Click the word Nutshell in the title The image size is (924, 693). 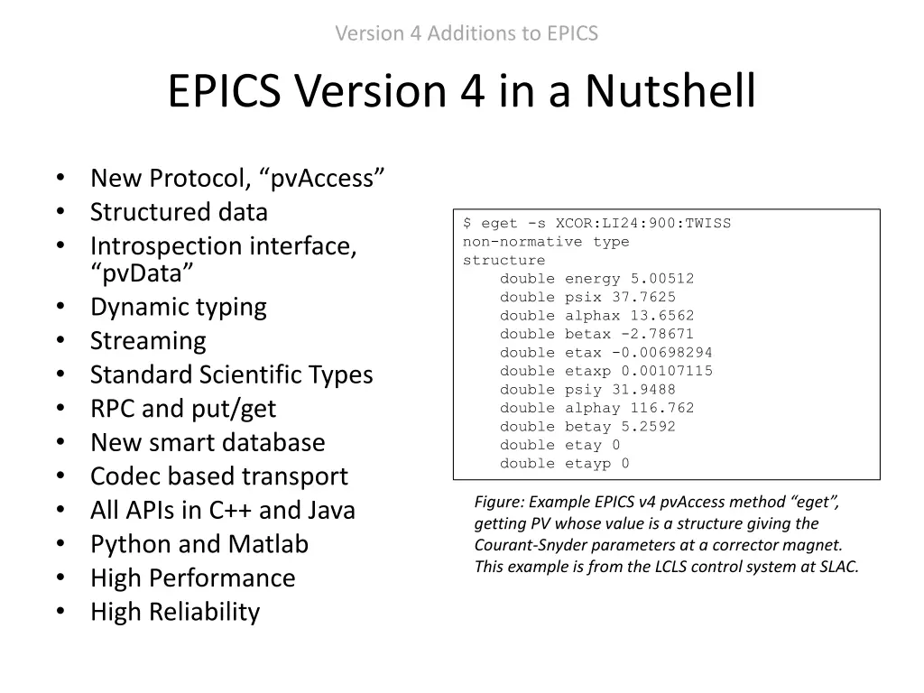click(670, 91)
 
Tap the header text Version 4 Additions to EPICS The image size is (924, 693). click(467, 33)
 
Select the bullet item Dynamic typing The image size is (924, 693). click(178, 307)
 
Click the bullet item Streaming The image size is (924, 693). click(148, 341)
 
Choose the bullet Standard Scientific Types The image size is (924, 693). click(231, 374)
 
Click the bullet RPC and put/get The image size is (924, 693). click(183, 409)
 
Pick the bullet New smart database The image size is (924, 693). click(208, 442)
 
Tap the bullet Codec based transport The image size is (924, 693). click(218, 476)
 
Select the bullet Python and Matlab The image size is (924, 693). click(199, 544)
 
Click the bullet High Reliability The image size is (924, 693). click(175, 612)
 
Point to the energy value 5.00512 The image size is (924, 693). click(661, 279)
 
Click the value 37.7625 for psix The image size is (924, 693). click(643, 297)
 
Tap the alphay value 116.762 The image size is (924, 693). click(661, 408)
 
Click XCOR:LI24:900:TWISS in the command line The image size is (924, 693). click(643, 223)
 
